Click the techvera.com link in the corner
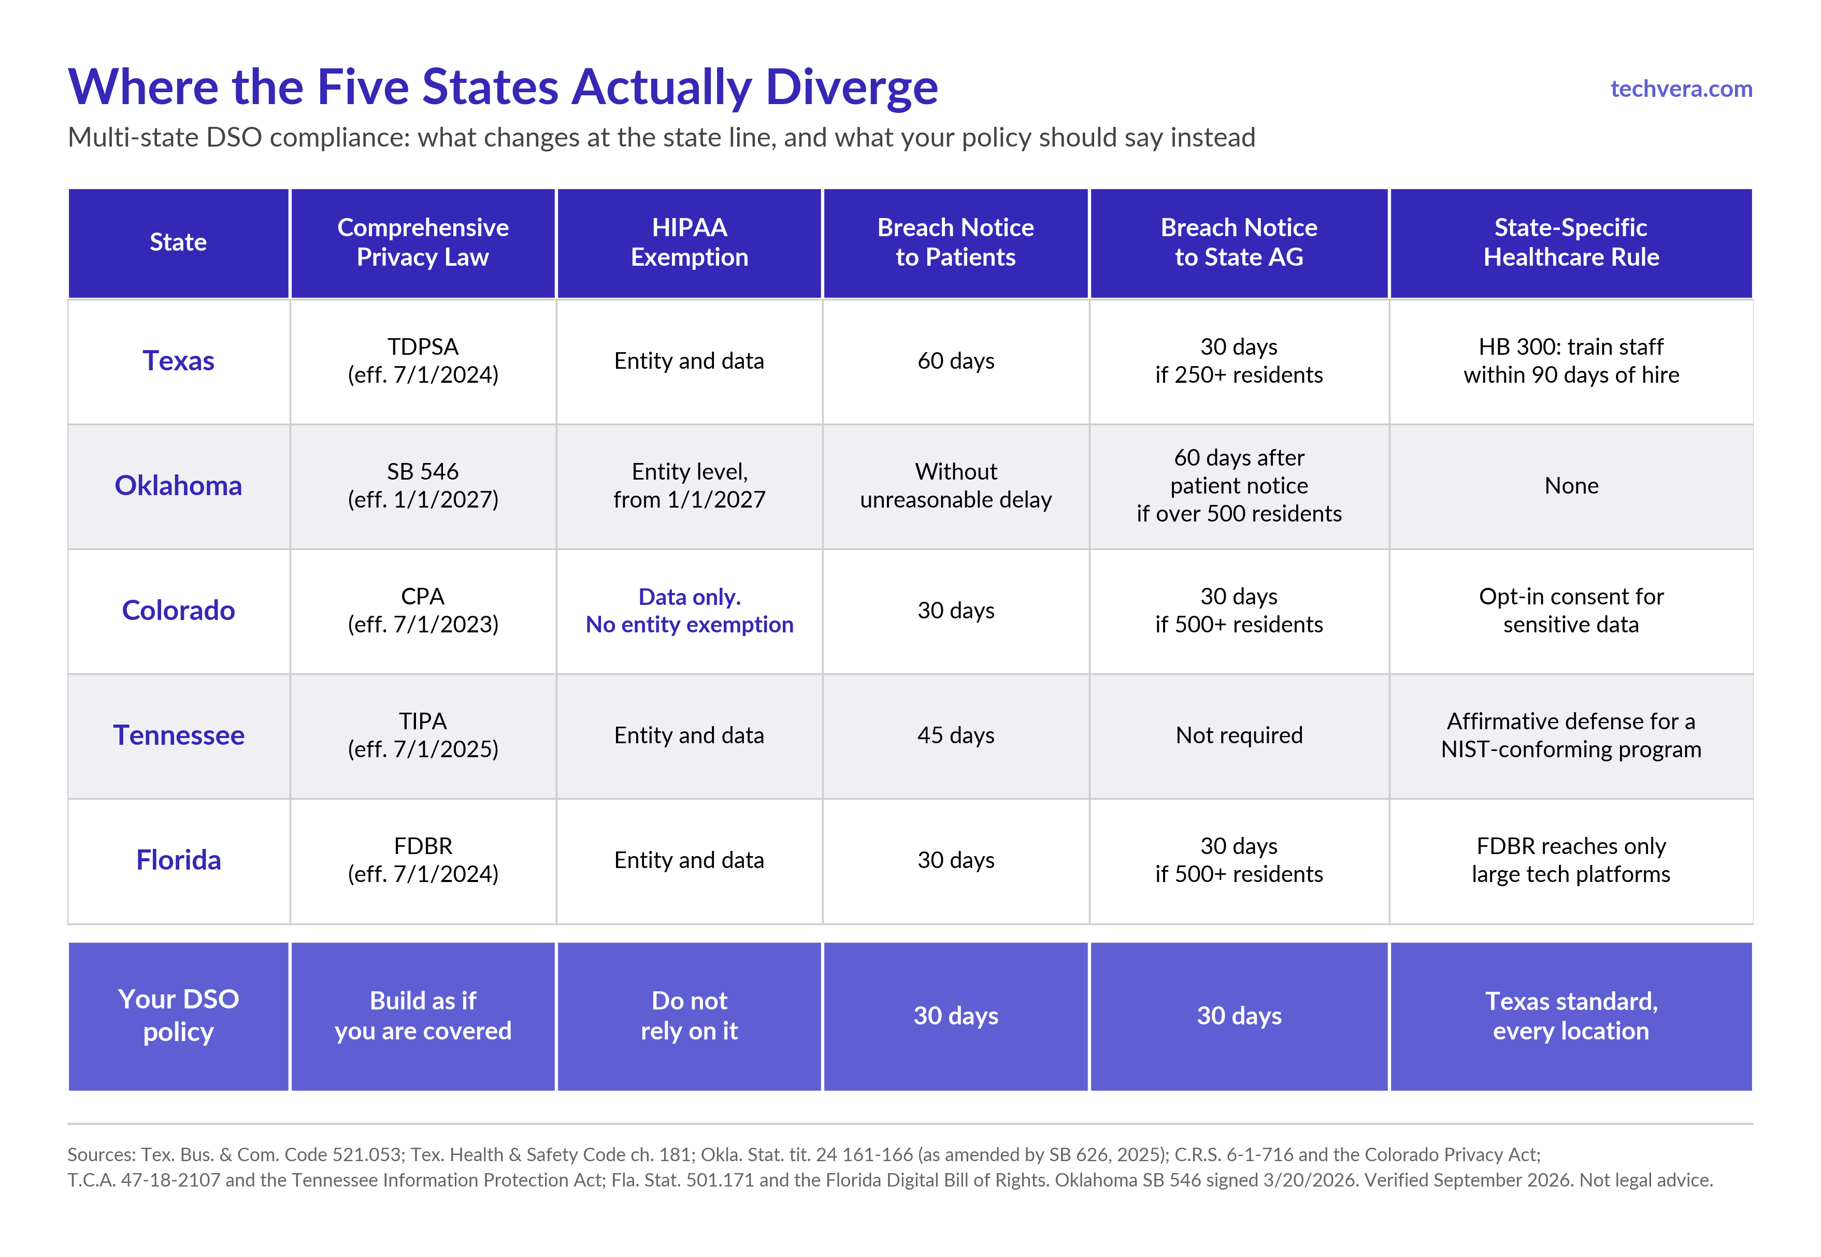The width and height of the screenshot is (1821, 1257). point(1681,89)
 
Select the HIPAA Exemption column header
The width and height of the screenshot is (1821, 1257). point(689,242)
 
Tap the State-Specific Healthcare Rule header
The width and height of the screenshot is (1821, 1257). point(1571,242)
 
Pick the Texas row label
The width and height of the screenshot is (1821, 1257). point(178,360)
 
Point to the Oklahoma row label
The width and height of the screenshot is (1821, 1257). point(178,485)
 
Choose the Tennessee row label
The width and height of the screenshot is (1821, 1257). point(179,735)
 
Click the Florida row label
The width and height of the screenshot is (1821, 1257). point(178,860)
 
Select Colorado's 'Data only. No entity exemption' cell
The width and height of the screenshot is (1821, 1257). point(689,611)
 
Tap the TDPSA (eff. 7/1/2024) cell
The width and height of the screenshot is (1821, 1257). point(423,360)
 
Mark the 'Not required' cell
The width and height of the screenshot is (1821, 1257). point(1239,735)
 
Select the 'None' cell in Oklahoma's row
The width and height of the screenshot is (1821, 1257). point(1571,485)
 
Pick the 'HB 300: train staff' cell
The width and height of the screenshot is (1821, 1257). point(1571,360)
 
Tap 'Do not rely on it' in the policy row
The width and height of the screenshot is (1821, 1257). point(689,1016)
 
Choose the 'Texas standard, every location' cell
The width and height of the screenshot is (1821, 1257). point(1571,1016)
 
